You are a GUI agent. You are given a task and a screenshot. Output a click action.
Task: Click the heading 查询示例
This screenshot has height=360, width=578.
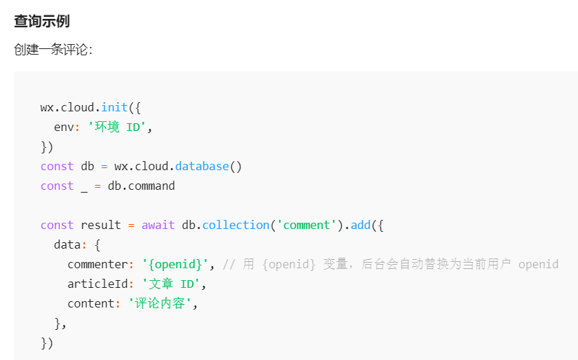coord(42,21)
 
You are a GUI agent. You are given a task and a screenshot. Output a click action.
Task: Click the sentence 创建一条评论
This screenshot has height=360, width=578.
coord(53,50)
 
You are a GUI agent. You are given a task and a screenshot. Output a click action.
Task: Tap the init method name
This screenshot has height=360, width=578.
coord(114,107)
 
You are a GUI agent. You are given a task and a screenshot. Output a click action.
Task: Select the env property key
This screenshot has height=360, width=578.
coord(64,127)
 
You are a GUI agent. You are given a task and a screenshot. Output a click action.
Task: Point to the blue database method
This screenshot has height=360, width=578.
coord(202,166)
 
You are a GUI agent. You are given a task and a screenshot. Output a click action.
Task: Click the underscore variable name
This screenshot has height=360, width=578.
coord(84,186)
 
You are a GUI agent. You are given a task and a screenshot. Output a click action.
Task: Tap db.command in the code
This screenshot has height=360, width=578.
coord(141,186)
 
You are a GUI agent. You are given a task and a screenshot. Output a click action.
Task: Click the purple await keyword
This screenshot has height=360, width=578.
coord(158,225)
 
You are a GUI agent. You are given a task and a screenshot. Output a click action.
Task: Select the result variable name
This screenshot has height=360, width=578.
coord(101,225)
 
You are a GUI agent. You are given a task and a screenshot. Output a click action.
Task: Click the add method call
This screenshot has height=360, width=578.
coord(360,225)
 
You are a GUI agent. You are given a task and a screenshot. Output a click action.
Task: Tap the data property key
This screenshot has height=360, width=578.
coord(67,244)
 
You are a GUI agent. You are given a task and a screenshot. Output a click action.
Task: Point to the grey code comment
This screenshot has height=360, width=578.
coord(390,264)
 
